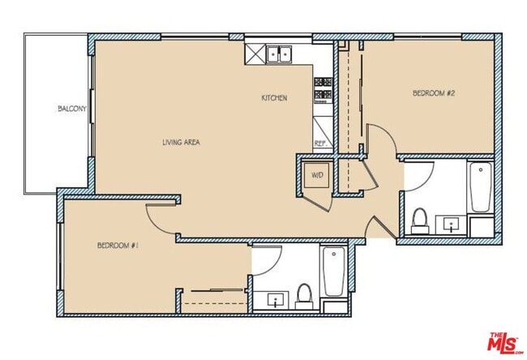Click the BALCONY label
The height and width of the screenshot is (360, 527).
tap(67, 109)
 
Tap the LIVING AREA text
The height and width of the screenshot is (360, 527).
tap(181, 142)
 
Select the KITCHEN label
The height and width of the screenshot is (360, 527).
tap(274, 98)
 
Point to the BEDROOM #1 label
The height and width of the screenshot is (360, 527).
tap(118, 244)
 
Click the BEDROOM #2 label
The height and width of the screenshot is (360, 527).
tap(434, 94)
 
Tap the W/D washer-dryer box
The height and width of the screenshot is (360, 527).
tap(315, 174)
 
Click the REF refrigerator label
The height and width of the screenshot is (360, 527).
tap(320, 143)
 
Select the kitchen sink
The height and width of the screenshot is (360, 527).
tap(281, 54)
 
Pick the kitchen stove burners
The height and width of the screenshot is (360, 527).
tap(323, 88)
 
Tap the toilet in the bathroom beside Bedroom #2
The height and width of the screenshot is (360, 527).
tap(419, 220)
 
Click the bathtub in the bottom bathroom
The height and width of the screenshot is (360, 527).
tap(334, 272)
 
